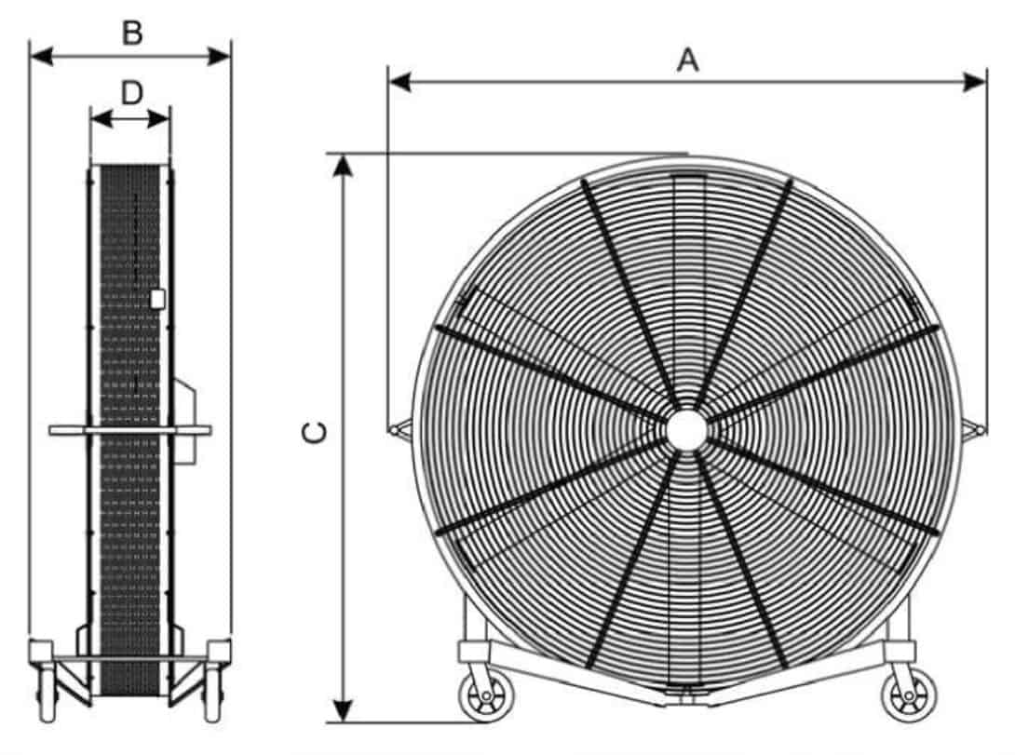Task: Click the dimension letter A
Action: click(687, 60)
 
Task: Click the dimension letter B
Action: click(132, 33)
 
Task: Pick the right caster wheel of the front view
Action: click(903, 697)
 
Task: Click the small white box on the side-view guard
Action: click(157, 299)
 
